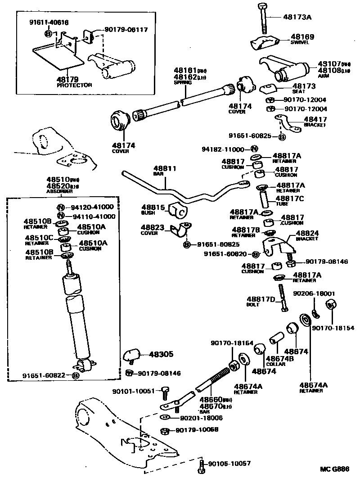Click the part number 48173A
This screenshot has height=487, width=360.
[x=298, y=17]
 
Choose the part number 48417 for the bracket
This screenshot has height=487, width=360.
[x=315, y=119]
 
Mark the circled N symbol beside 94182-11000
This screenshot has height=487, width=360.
[x=254, y=149]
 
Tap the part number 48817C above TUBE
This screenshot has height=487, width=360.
[x=290, y=198]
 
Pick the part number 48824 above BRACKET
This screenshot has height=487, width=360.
[x=307, y=233]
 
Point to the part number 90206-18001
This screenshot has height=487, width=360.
[x=314, y=293]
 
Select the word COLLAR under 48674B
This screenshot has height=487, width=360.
[x=275, y=364]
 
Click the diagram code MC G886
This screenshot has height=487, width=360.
[x=335, y=469]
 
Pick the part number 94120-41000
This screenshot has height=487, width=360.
[x=93, y=207]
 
